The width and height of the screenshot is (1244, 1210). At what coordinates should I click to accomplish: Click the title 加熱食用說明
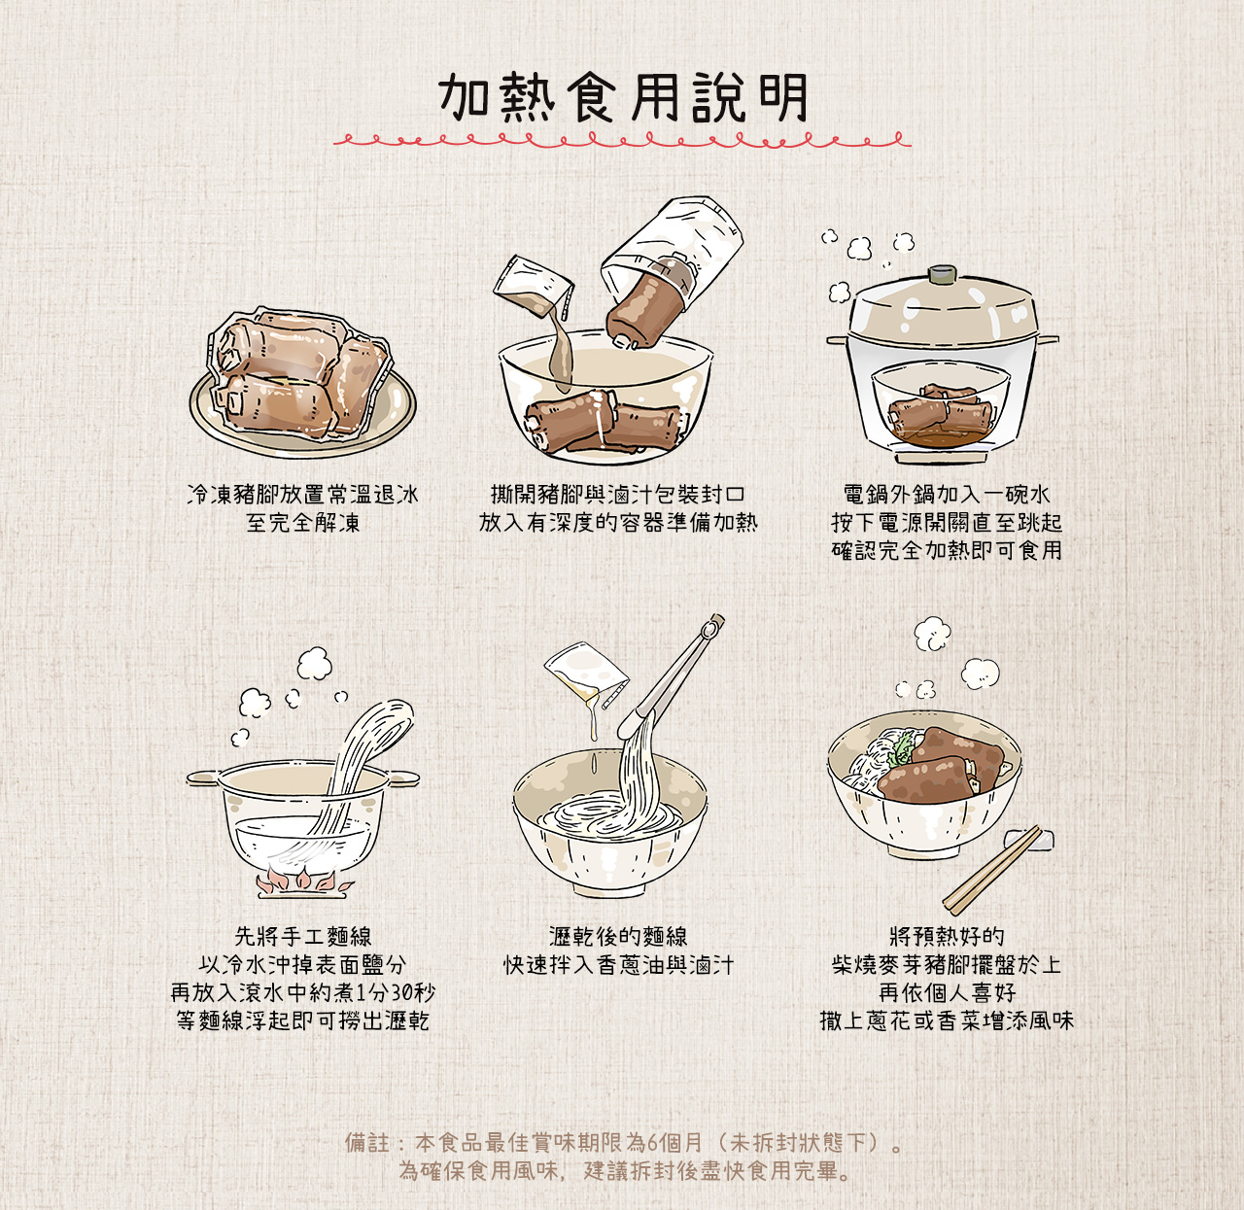pyautogui.click(x=622, y=97)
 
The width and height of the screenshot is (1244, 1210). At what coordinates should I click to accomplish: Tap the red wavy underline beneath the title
pyautogui.click(x=622, y=142)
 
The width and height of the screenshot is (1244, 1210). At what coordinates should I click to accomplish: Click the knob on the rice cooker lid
pyautogui.click(x=941, y=274)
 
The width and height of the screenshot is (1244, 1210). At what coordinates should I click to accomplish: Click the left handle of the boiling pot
pyautogui.click(x=202, y=778)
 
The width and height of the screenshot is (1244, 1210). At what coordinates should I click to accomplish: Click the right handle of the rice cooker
pyautogui.click(x=1049, y=339)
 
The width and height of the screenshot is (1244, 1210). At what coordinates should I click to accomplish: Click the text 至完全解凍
pyautogui.click(x=302, y=523)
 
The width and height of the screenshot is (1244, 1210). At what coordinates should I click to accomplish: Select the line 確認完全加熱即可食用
pyautogui.click(x=946, y=550)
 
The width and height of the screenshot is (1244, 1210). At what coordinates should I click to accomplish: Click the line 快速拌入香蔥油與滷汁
pyautogui.click(x=618, y=965)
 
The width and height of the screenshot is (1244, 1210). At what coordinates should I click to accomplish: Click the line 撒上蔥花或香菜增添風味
pyautogui.click(x=946, y=1021)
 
